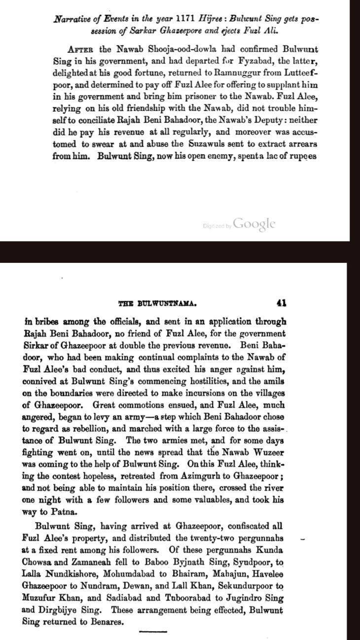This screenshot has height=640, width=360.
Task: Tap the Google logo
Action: pos(254,224)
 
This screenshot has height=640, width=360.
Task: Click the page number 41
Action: pos(282,302)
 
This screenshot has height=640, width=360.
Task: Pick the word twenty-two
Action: pos(204,536)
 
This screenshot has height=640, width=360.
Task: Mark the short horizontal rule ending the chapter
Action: pos(153,631)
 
